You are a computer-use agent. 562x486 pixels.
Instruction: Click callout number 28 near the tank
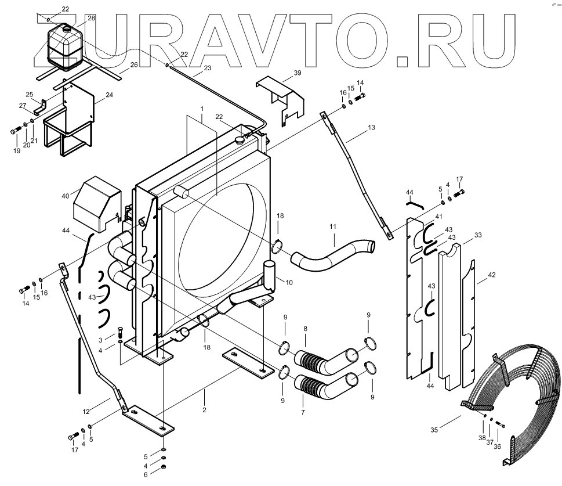pos(91,19)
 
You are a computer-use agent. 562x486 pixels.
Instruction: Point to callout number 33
pos(478,235)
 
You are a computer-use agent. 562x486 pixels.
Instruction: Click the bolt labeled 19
pos(14,131)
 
